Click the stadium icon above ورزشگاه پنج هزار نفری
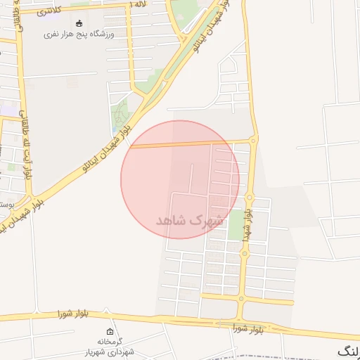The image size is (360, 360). coord(77,23)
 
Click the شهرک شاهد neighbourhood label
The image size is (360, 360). coord(190,220)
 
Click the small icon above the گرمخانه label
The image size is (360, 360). coord(109,331)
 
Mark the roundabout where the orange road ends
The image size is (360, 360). coord(253,141)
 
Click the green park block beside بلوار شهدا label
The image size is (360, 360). coord(236,224)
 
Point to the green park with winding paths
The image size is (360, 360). coord(122,112)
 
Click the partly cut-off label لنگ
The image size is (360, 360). coord(349,349)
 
